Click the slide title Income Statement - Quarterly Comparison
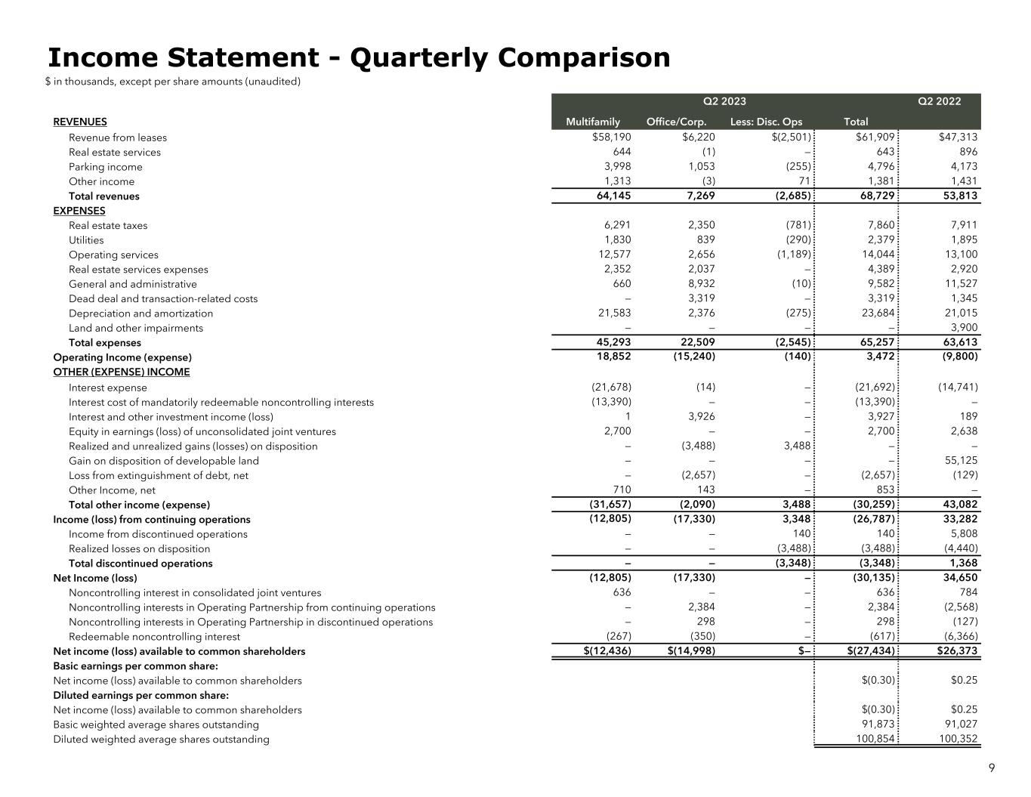[x=359, y=58]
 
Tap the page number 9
[x=992, y=768]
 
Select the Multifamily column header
[x=593, y=122]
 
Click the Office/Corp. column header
[x=677, y=122]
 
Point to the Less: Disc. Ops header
[x=766, y=122]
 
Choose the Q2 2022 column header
[x=939, y=101]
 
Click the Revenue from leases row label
[x=118, y=137]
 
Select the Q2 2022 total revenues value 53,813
[x=957, y=196]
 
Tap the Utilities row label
[x=86, y=240]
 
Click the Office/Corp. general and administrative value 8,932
[x=699, y=284]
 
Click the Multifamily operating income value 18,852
[x=614, y=357]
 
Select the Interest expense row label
[x=108, y=388]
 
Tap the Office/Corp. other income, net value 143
[x=705, y=490]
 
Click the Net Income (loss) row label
[x=95, y=578]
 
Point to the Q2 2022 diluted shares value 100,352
[x=957, y=740]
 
